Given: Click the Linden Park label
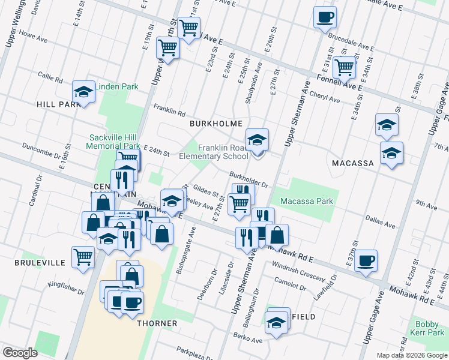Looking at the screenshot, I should click(x=116, y=86).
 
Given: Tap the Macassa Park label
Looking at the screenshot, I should click(x=306, y=201).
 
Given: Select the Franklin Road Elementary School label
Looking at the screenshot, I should click(x=214, y=152).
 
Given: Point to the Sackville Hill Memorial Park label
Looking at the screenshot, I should click(x=113, y=141).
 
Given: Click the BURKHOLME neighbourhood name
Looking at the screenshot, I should click(x=215, y=124).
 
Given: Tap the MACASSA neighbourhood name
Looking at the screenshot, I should click(x=353, y=163).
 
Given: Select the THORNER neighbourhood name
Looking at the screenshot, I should click(x=157, y=323).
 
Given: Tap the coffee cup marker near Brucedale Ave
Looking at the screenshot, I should click(x=325, y=17).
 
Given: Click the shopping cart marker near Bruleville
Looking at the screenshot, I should click(x=83, y=257).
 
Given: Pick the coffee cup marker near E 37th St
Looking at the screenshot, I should click(x=366, y=261).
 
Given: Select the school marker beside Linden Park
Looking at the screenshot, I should click(x=83, y=92).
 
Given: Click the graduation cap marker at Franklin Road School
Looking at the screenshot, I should click(x=258, y=140).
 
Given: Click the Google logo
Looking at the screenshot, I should click(x=20, y=353).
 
